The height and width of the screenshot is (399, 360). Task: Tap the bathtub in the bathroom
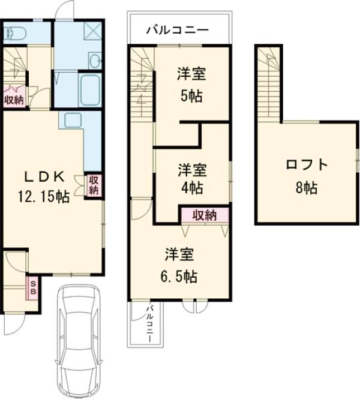tap(91, 90)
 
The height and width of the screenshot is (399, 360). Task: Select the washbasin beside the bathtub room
tap(94, 60)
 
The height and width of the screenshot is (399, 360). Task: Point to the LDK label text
tap(45, 177)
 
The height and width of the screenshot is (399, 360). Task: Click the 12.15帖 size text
tap(45, 196)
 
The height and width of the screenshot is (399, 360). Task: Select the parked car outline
tap(78, 339)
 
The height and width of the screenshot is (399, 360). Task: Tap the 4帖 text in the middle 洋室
tap(191, 187)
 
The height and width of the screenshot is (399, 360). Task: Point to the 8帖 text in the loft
tap(307, 187)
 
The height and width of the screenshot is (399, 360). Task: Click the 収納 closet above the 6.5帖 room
tap(204, 215)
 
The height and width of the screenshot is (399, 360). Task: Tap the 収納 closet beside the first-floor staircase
tap(14, 100)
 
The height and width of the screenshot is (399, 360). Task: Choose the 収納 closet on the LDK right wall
tap(94, 185)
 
